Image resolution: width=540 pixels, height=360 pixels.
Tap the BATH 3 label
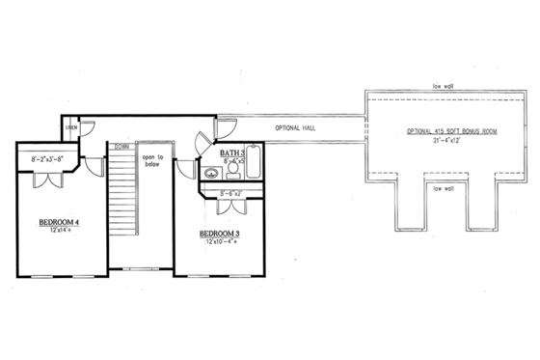point(232,153)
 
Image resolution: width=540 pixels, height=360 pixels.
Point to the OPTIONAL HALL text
point(297,127)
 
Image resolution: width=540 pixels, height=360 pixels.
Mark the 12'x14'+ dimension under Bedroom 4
point(59,233)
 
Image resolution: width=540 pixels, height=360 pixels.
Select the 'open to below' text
point(153,160)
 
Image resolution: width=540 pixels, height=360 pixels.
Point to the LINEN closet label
point(70,127)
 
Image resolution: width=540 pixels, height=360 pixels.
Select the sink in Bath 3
point(211,175)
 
